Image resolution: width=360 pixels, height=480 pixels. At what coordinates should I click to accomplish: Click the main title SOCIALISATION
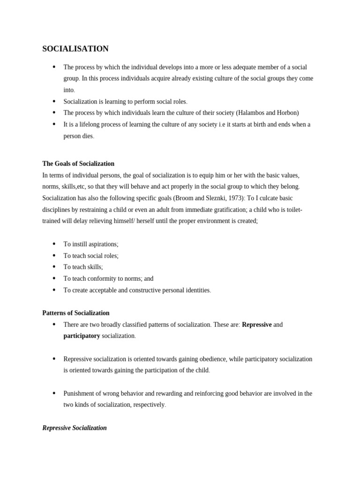tap(75, 49)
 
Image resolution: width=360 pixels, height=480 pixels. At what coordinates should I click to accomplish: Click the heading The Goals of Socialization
tap(78, 164)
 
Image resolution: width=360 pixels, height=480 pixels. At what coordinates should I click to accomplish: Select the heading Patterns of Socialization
tap(76, 313)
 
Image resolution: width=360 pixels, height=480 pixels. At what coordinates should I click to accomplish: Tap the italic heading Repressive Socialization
tap(75, 427)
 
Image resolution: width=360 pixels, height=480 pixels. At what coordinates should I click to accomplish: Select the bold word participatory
tap(82, 336)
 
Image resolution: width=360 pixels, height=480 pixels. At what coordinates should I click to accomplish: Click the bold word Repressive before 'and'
tap(256, 324)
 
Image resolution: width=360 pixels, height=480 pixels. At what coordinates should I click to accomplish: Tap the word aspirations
tap(102, 244)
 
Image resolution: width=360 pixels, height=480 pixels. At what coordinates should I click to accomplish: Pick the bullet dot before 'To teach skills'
tap(54, 267)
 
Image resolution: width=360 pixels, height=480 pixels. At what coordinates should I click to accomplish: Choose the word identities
tap(196, 290)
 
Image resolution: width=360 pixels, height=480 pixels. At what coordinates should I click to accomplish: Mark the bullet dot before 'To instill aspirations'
tap(54, 244)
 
